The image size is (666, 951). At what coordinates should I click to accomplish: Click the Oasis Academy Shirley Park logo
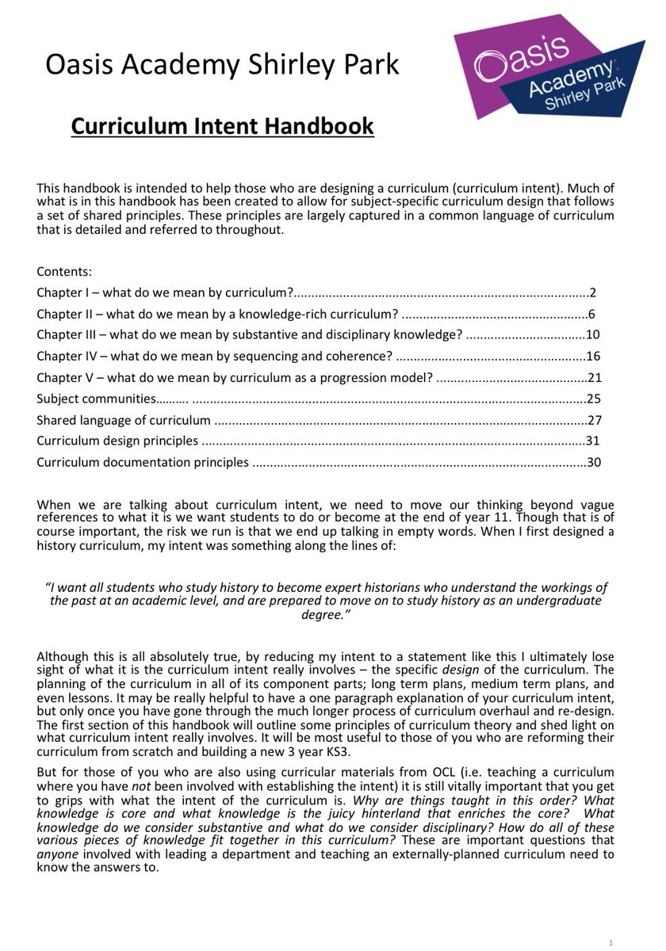pos(547,67)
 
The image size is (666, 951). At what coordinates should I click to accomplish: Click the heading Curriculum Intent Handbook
pos(222,126)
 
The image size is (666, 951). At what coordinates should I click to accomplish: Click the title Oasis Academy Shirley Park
pos(222,64)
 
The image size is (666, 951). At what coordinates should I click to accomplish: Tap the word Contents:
pos(64,270)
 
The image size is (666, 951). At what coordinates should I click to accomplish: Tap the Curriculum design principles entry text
pos(117,441)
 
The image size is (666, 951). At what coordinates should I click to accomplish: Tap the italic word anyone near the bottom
pos(54,854)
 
